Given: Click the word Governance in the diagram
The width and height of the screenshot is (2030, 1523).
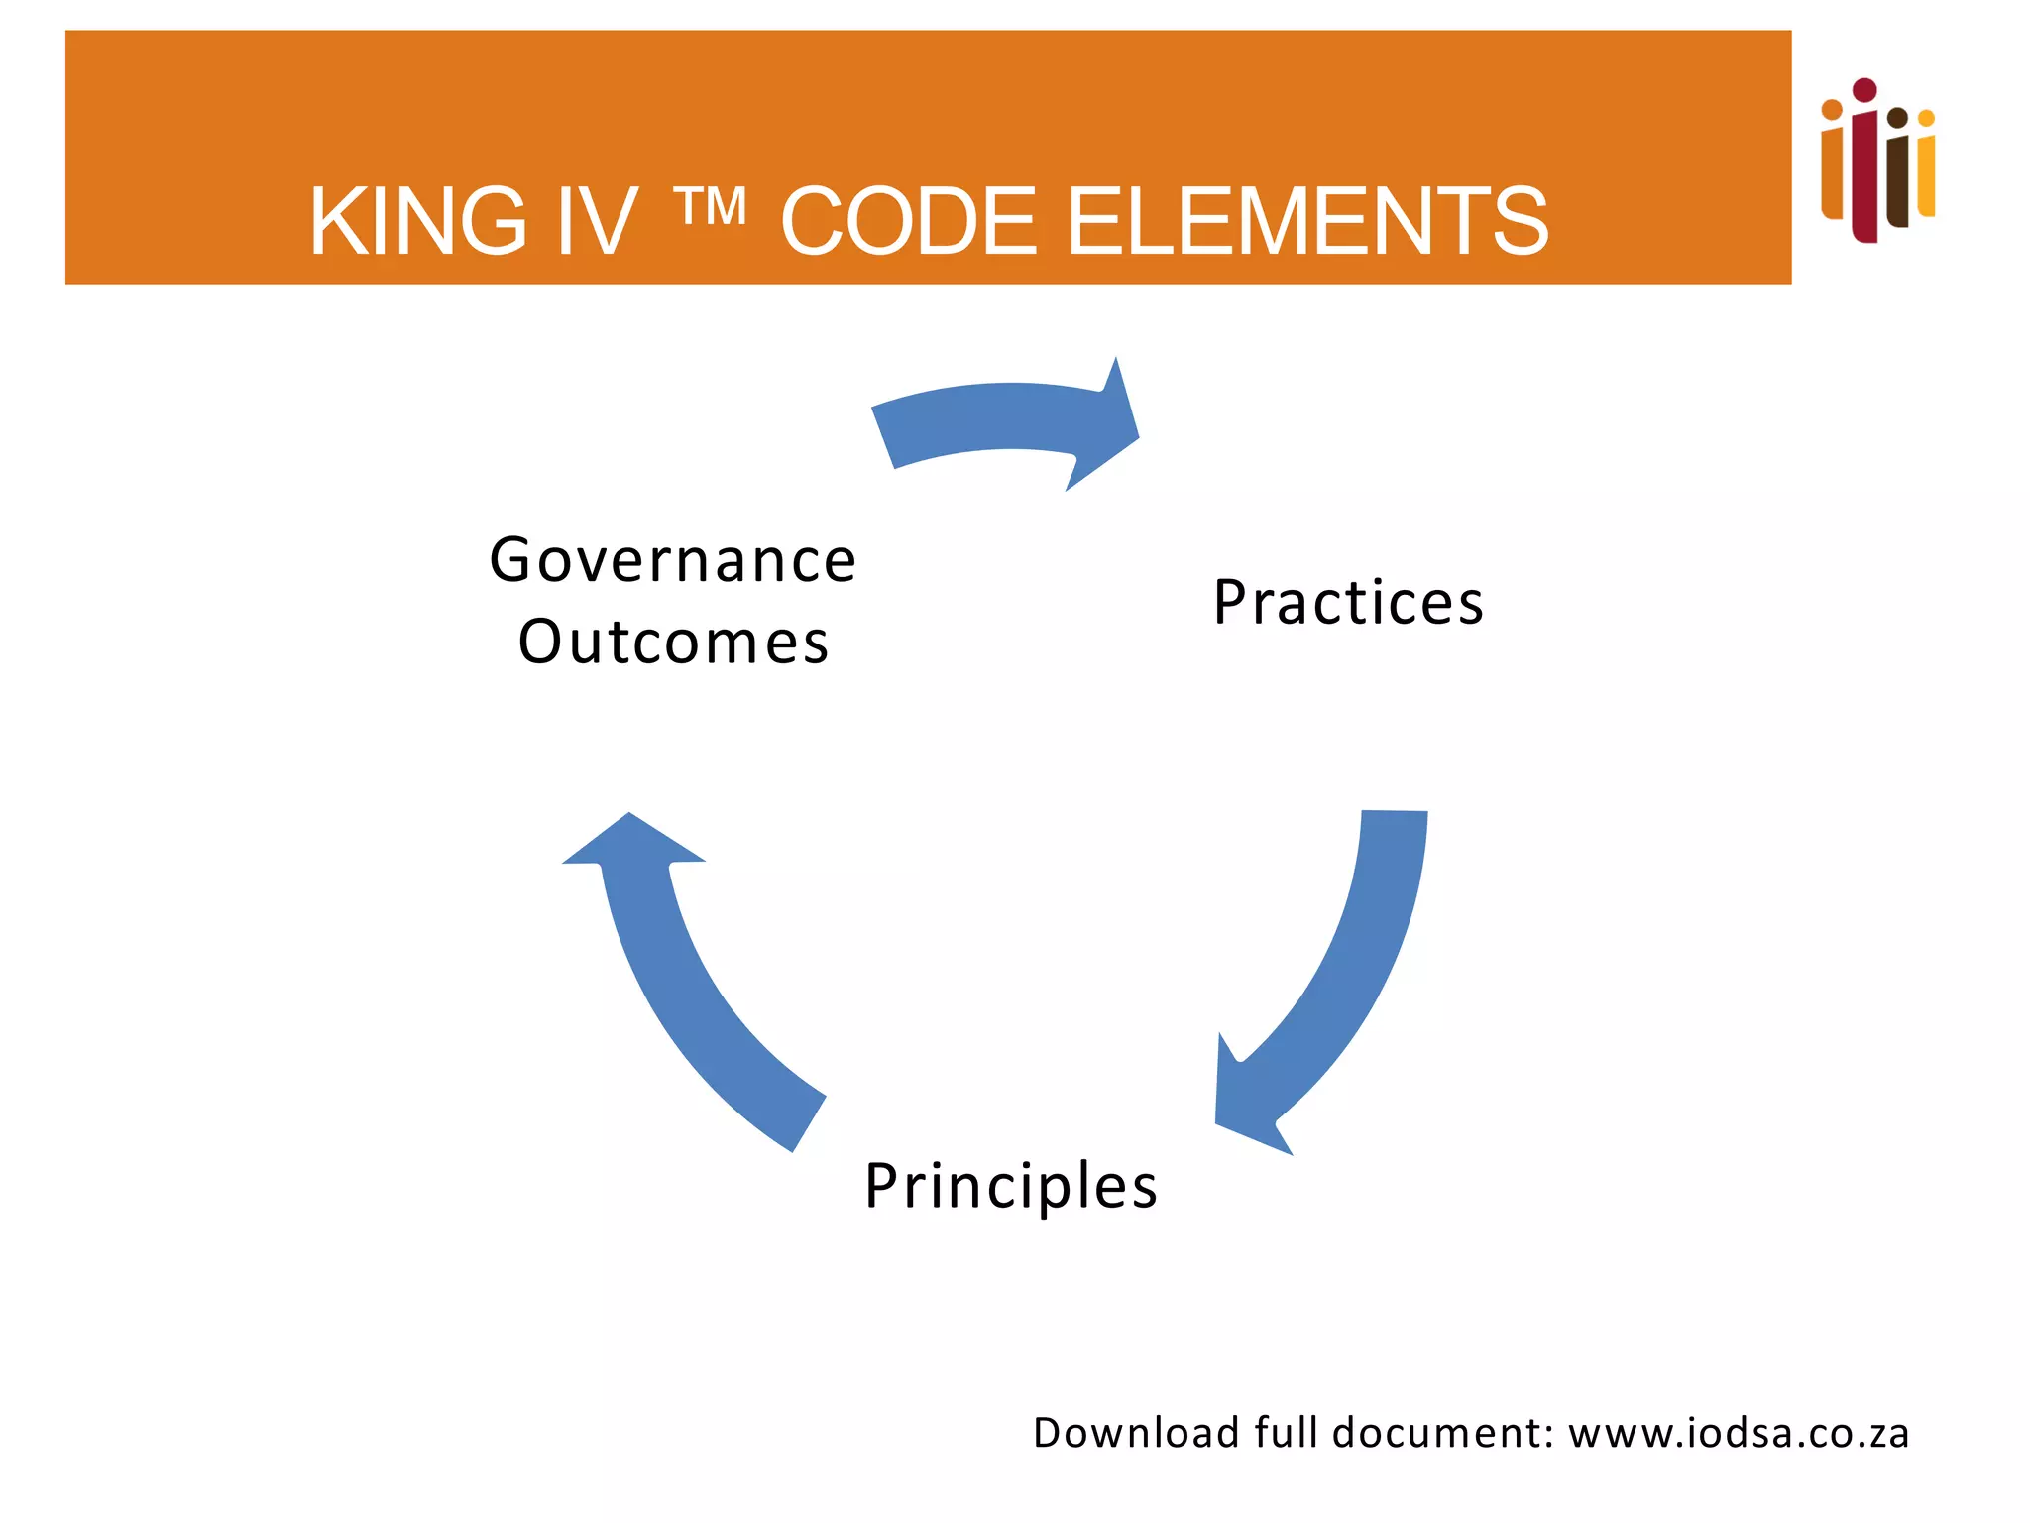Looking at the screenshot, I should [673, 560].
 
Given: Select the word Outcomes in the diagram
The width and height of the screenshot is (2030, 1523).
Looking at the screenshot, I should [673, 642].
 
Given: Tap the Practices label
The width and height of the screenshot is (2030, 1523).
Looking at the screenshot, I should [1348, 602].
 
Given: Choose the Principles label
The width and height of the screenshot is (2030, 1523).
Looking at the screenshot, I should [1011, 1185].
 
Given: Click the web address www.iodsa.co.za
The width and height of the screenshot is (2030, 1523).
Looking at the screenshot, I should [1739, 1434].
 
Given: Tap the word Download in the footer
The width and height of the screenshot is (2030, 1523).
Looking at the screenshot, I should [1136, 1434].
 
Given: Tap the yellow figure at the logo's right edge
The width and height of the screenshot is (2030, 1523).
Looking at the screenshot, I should [1926, 169].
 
